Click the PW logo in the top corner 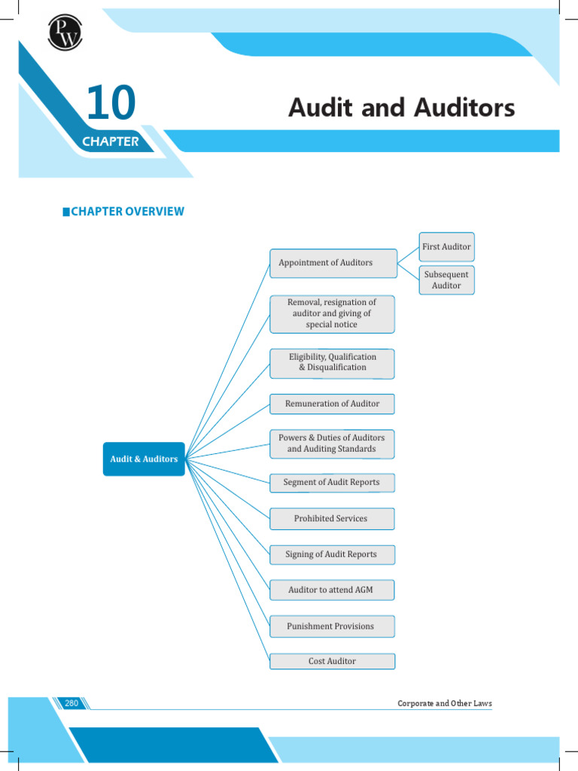(x=65, y=32)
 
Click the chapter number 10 (x=110, y=104)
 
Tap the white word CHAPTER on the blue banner (x=111, y=142)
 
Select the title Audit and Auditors (x=401, y=108)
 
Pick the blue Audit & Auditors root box (x=144, y=459)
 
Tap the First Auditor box (x=446, y=247)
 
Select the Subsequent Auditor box (x=446, y=280)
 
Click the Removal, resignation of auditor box (x=332, y=313)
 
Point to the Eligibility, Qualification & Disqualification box (x=332, y=362)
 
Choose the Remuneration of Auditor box (x=332, y=404)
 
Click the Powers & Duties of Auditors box (x=332, y=443)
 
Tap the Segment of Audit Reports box (x=332, y=483)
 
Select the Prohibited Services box (x=332, y=519)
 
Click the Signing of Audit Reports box (x=332, y=554)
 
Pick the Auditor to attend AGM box (x=332, y=590)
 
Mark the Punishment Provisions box (x=332, y=626)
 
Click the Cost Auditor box (x=332, y=661)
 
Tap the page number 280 (x=71, y=703)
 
